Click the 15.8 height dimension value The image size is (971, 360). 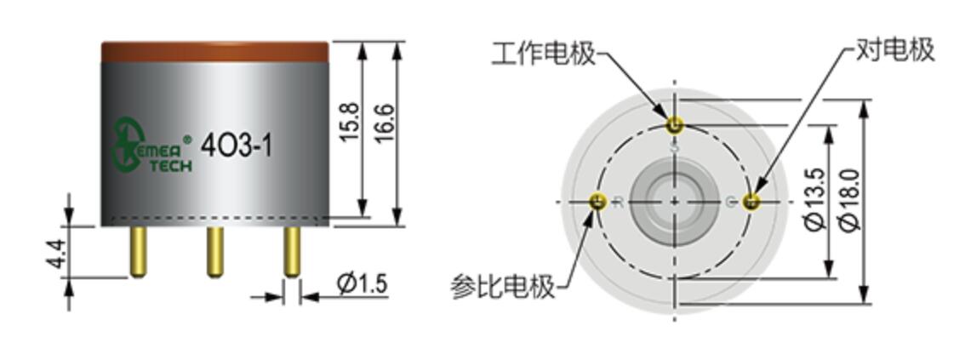[x=350, y=123]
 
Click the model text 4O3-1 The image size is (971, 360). [x=236, y=146]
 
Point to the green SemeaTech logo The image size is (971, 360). [x=152, y=146]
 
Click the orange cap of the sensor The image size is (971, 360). [x=214, y=51]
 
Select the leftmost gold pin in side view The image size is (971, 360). [x=137, y=251]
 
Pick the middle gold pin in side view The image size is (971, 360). [x=214, y=251]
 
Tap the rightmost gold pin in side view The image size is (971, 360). [x=291, y=251]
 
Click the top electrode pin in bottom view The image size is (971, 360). [x=675, y=126]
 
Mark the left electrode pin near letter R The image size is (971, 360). [x=598, y=202]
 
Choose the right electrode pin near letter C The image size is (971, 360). [x=751, y=202]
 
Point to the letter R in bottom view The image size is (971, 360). [x=619, y=202]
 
